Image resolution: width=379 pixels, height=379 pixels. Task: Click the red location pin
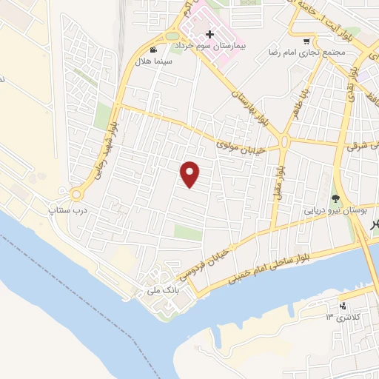pyautogui.click(x=191, y=174)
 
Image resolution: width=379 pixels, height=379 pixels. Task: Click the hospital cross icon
pyautogui.click(x=210, y=34)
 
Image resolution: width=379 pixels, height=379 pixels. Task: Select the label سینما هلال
pyautogui.click(x=152, y=62)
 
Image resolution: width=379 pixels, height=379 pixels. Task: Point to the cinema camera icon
pyautogui.click(x=152, y=50)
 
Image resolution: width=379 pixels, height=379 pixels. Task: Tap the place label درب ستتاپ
pyautogui.click(x=67, y=210)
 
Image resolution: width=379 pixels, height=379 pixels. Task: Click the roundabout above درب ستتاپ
pyautogui.click(x=76, y=195)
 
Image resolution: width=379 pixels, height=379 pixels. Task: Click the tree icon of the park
pyautogui.click(x=336, y=198)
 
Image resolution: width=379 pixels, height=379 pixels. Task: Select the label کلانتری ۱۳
pyautogui.click(x=341, y=317)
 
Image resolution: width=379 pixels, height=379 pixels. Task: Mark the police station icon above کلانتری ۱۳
pyautogui.click(x=342, y=306)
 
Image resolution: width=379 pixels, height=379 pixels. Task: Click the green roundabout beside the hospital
pyautogui.click(x=172, y=35)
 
